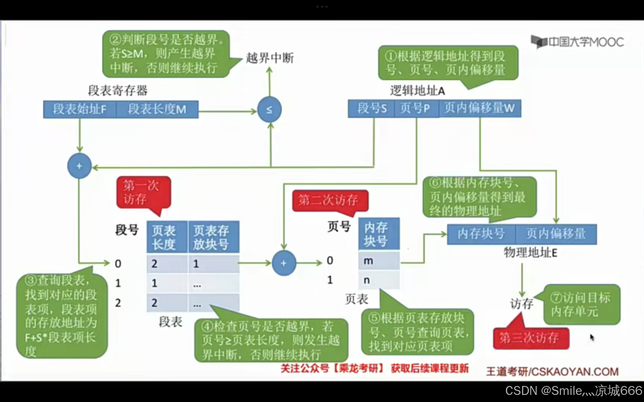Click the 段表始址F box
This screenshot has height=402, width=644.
click(79, 109)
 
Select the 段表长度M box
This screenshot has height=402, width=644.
click(157, 109)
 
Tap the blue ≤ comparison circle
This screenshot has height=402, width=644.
click(269, 109)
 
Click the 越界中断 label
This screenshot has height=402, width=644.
click(270, 58)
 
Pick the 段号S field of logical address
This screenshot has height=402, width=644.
click(371, 108)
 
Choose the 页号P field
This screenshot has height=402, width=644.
click(416, 108)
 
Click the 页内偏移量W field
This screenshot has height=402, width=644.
click(480, 108)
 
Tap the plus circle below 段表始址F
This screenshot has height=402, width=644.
click(79, 166)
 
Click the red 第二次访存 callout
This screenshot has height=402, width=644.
click(329, 201)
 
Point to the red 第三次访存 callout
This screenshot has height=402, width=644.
click(531, 338)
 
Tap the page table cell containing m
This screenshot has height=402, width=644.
click(379, 261)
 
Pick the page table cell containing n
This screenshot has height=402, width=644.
click(379, 280)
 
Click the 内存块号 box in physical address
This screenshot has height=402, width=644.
click(481, 234)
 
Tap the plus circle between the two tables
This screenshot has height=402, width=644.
click(284, 263)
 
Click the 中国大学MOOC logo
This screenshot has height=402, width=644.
click(578, 42)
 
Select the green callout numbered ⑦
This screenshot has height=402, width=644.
click(581, 304)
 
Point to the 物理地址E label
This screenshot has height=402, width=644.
click(530, 253)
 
